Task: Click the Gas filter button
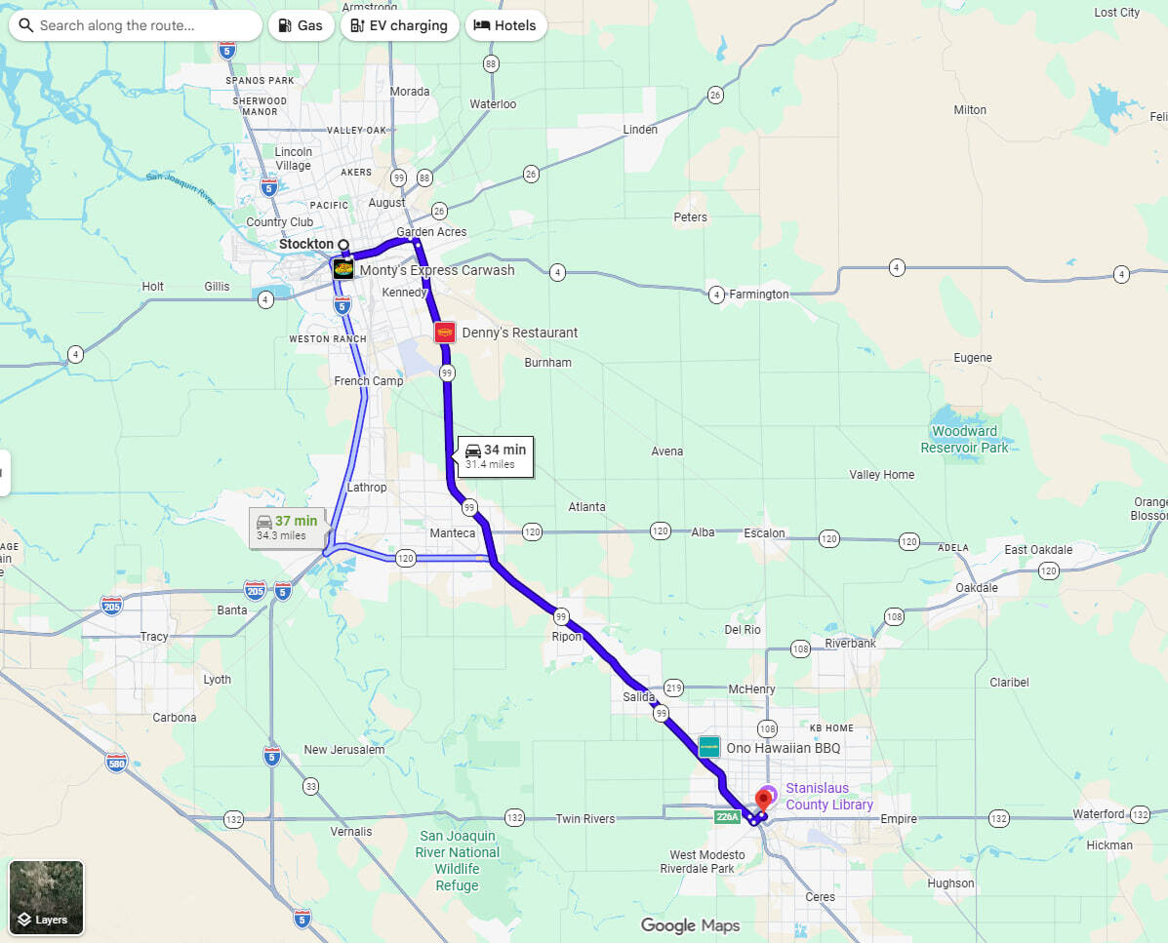coord(301,25)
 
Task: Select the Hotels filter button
coord(504,25)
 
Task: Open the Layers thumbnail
coord(47,896)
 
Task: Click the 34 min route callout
coord(495,455)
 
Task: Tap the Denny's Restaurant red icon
coord(445,333)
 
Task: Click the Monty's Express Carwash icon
coord(342,269)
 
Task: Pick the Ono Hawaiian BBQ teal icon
coord(709,748)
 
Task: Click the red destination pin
coord(764,800)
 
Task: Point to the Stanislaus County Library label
coord(828,796)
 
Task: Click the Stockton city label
coord(305,244)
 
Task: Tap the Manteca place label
coord(453,533)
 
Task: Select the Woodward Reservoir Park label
coord(964,439)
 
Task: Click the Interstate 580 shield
coord(117,763)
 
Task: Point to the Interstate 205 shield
coord(255,590)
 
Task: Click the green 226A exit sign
coord(727,817)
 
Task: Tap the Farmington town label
coord(759,294)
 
